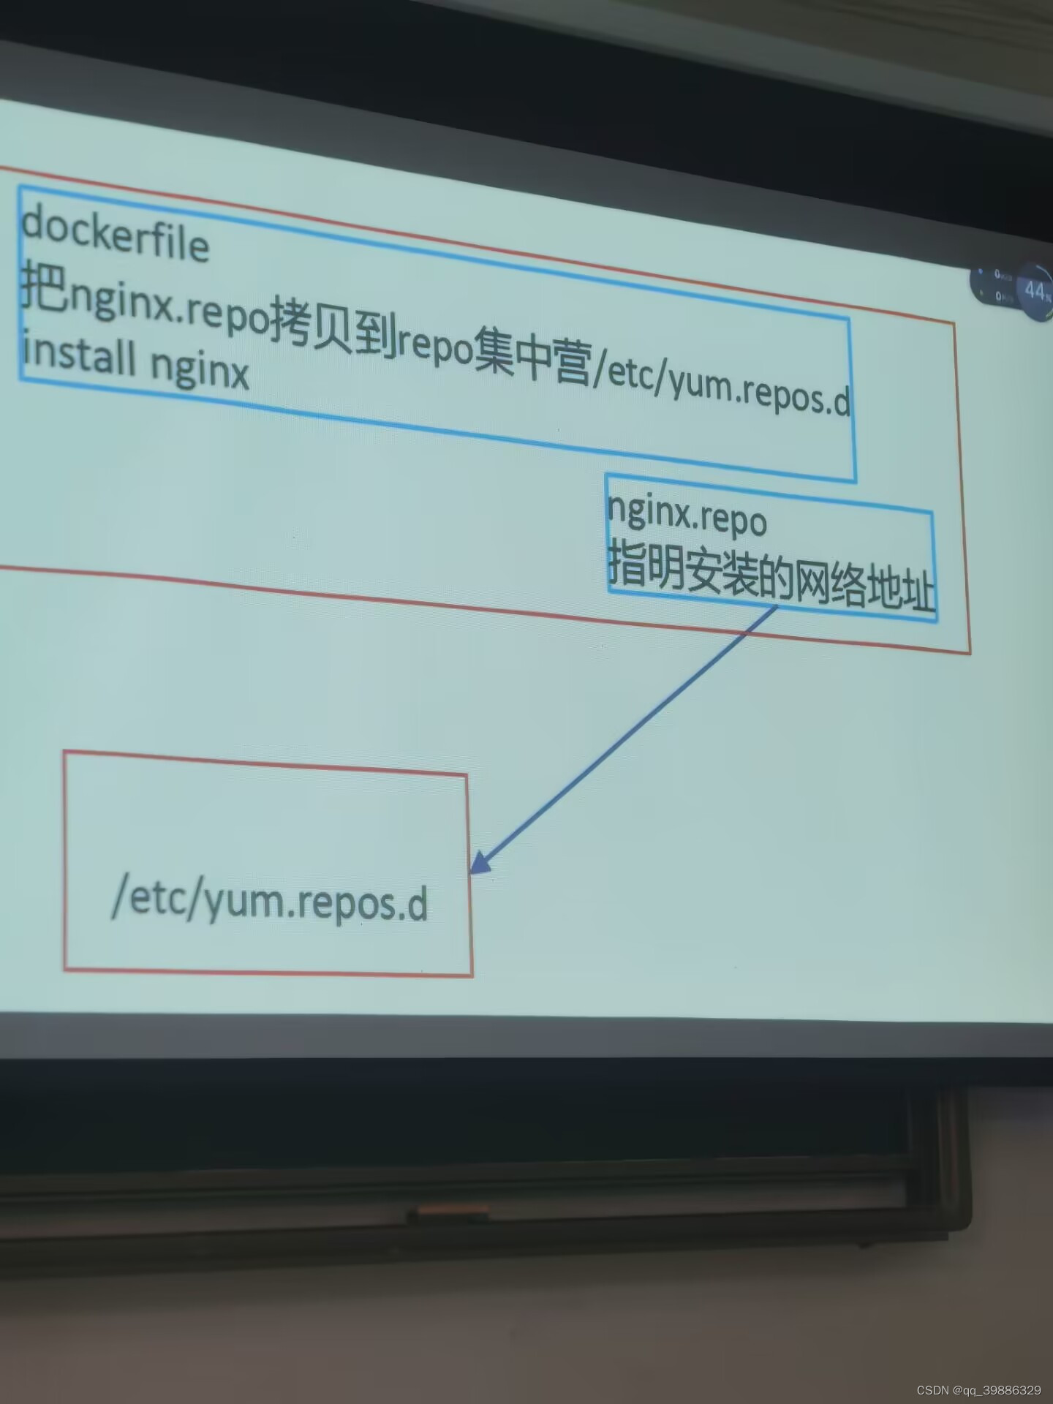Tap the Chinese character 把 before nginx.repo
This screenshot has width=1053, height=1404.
tap(42, 287)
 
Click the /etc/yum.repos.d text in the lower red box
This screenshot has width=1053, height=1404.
tap(269, 902)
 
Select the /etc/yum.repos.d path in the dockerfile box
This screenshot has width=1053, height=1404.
tap(721, 386)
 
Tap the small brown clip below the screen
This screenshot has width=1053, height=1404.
tap(447, 1215)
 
